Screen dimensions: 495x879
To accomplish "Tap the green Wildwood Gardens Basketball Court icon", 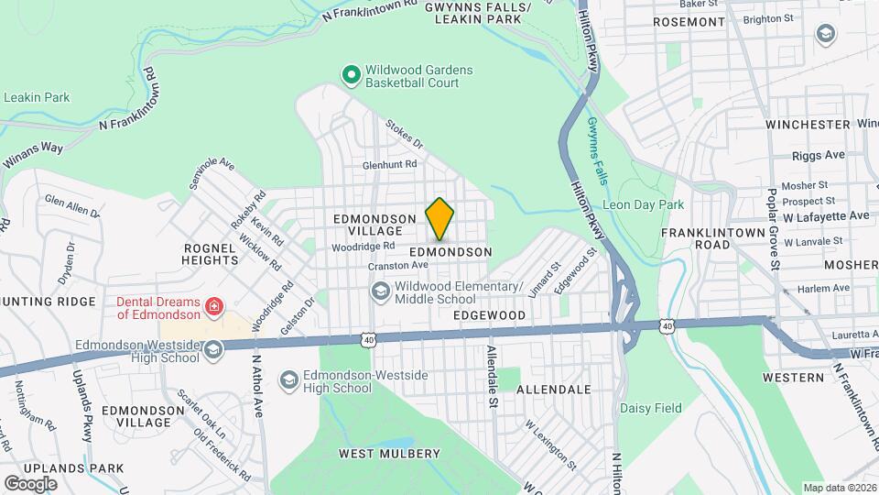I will tap(349, 75).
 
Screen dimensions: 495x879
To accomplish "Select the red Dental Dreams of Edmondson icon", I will tap(214, 306).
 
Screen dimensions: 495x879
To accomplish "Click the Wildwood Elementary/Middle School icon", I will tap(380, 291).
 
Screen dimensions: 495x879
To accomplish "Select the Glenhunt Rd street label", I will tap(389, 165).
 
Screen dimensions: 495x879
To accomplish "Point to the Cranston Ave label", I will tap(398, 266).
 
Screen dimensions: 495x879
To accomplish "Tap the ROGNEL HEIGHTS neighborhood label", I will tap(212, 254).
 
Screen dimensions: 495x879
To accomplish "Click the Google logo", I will tap(30, 483).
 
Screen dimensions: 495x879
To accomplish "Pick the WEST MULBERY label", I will tap(389, 454).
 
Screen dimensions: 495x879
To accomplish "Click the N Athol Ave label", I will tap(258, 385).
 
